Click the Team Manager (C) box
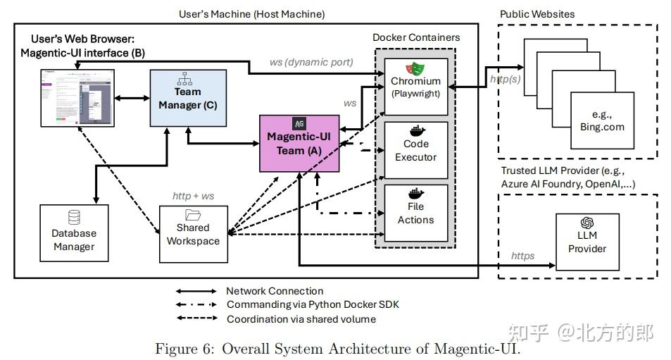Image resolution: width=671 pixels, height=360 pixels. click(189, 99)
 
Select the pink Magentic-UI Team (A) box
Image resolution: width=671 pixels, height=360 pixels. click(300, 144)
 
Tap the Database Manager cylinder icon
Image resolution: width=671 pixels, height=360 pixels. click(73, 218)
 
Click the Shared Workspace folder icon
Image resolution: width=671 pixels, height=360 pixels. click(193, 215)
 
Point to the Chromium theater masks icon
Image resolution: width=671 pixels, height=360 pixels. click(415, 68)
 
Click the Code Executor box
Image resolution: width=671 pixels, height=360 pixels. click(415, 150)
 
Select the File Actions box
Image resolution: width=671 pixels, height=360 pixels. click(415, 212)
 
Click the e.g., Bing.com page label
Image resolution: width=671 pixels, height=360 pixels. click(598, 120)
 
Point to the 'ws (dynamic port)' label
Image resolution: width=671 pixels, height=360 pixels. click(310, 62)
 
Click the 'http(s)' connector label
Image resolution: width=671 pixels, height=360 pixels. click(506, 79)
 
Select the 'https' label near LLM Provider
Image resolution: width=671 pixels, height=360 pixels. click(522, 256)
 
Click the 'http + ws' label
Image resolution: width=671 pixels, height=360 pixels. click(193, 196)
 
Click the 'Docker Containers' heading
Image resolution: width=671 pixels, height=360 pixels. click(415, 37)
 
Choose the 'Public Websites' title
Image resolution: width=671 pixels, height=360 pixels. click(537, 14)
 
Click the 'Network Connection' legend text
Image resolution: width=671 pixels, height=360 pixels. click(275, 291)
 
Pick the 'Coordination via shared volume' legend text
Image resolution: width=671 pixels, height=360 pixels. click(301, 319)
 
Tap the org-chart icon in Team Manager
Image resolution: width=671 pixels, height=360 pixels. click(189, 77)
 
